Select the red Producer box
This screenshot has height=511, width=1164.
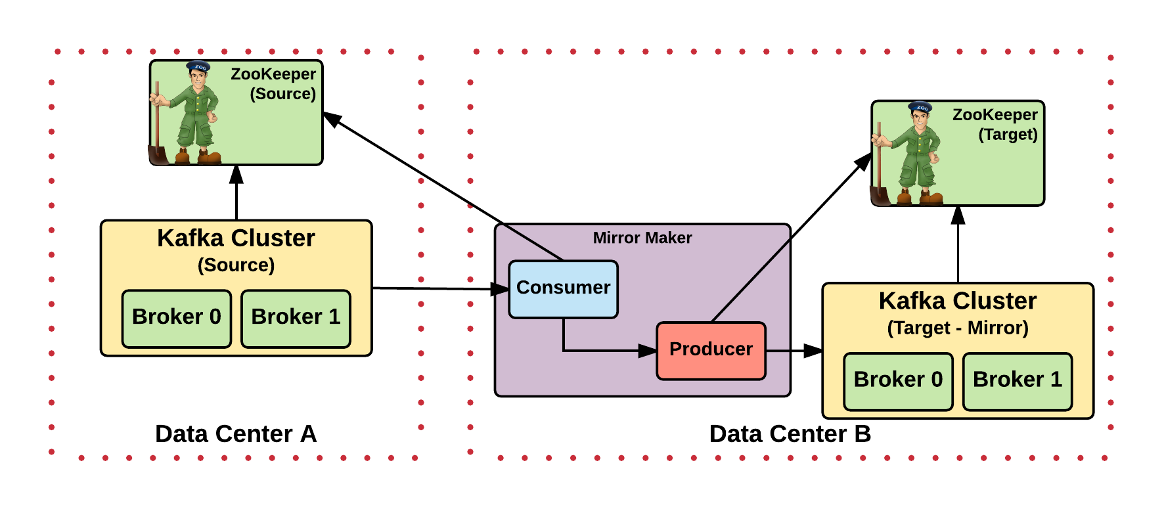click(x=711, y=350)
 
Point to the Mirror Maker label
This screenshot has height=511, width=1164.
click(x=642, y=238)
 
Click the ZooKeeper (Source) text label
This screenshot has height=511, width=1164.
click(x=273, y=83)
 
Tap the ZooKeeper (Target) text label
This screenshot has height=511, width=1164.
click(x=995, y=124)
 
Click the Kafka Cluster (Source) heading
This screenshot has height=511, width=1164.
click(x=236, y=238)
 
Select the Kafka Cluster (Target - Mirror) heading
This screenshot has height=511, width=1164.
click(x=958, y=301)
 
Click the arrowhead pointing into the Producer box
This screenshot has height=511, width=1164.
click(x=648, y=351)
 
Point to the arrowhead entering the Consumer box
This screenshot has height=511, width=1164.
click(x=503, y=289)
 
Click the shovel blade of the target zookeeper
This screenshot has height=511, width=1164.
click(x=880, y=196)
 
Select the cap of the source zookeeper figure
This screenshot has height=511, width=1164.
click(x=198, y=66)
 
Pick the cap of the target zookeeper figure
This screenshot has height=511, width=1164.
click(x=920, y=106)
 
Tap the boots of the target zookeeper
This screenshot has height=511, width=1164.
click(x=920, y=197)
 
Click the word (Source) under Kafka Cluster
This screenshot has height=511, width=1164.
click(x=236, y=265)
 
